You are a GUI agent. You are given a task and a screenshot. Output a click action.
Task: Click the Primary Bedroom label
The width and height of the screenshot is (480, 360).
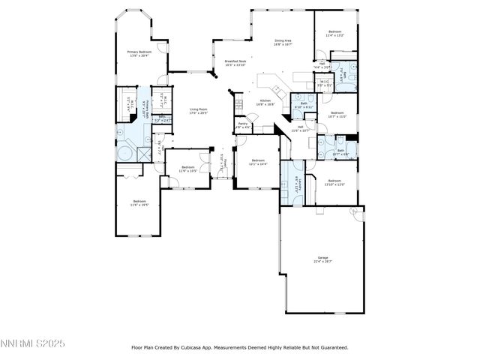(x=128, y=53)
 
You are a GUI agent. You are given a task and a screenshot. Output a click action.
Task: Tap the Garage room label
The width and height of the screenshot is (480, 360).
(x=322, y=259)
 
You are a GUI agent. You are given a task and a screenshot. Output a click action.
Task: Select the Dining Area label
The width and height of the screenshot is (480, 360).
(x=283, y=42)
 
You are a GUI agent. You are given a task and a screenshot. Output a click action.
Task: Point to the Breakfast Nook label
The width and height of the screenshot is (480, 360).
(x=225, y=63)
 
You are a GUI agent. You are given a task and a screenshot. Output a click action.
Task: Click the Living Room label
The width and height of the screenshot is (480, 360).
(x=199, y=111)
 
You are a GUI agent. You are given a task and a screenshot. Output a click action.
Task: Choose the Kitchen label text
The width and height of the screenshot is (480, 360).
(x=265, y=103)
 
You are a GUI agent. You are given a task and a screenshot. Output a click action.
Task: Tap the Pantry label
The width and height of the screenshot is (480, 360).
(x=243, y=125)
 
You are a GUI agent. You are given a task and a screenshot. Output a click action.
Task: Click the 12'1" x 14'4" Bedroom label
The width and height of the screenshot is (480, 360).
(x=259, y=162)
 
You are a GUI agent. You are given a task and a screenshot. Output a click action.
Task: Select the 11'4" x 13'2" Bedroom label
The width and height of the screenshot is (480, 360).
(x=334, y=34)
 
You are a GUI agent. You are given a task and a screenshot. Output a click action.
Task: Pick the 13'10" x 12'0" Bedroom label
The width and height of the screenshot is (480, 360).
(x=336, y=181)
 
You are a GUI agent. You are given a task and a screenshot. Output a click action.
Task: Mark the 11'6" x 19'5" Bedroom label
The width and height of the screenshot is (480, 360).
(x=139, y=202)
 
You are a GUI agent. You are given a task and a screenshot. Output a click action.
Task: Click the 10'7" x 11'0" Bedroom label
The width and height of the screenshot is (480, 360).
(x=337, y=115)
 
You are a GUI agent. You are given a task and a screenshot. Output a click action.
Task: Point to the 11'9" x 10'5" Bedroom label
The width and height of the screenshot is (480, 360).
(x=187, y=169)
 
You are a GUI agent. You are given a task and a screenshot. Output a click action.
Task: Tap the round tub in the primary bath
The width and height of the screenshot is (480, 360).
(x=124, y=154)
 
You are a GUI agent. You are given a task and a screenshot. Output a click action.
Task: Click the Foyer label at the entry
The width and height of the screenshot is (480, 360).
(x=225, y=163)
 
